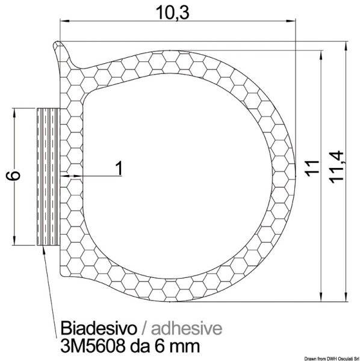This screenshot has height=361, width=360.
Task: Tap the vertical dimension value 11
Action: pyautogui.click(x=309, y=169)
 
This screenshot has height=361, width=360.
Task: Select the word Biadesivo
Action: pyautogui.click(x=96, y=329)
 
